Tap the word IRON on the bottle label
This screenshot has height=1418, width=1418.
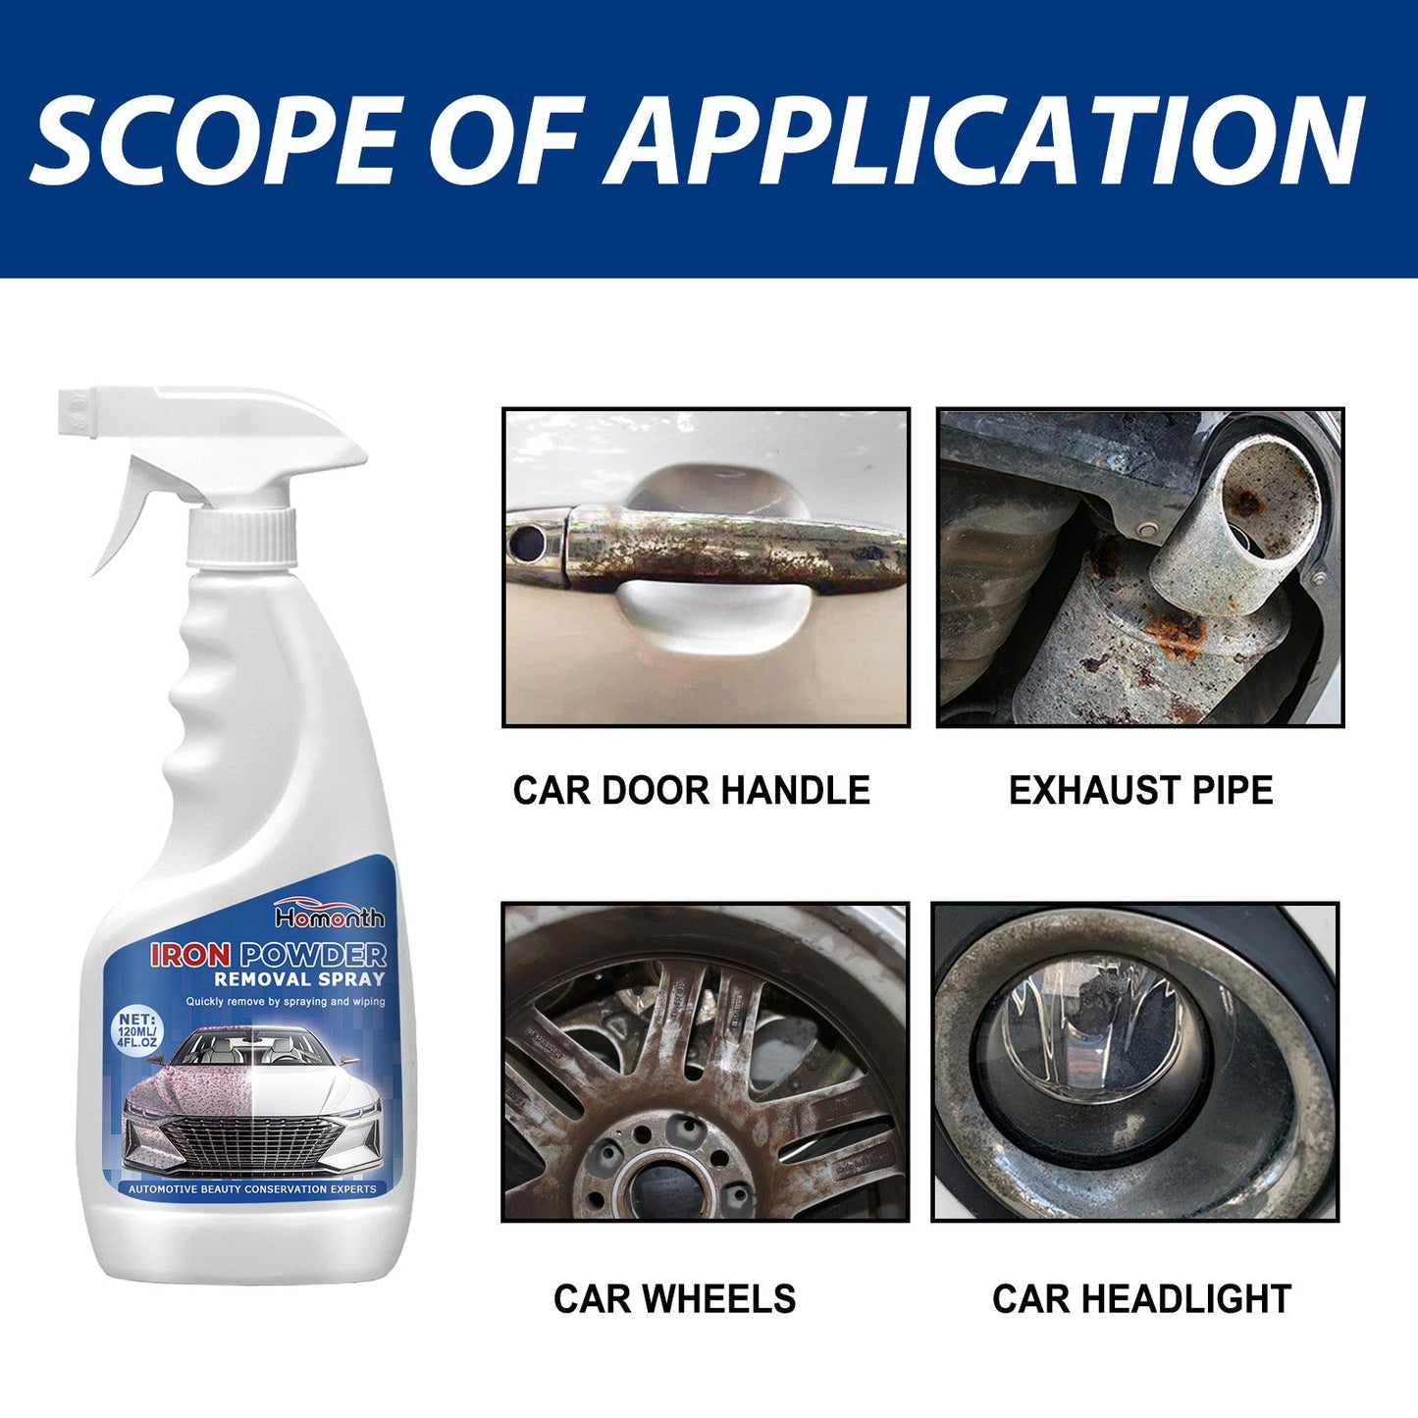190,955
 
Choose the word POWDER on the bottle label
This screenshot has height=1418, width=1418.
313,955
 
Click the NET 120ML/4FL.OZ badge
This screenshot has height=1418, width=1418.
137,1030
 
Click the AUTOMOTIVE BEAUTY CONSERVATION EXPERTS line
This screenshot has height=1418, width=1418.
252,1189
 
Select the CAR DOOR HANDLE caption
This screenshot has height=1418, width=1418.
691,791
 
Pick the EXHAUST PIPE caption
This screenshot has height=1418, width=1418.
1140,791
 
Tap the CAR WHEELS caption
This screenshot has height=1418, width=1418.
674,1299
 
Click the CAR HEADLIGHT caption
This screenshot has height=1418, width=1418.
1141,1299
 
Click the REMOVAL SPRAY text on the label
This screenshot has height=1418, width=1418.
299,979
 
